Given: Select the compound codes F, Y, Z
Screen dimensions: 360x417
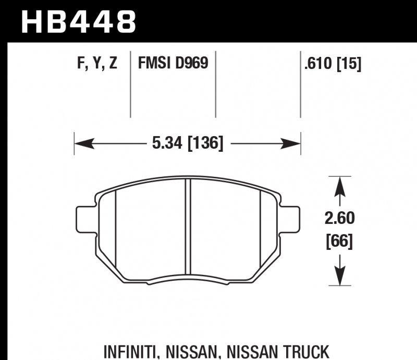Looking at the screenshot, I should pyautogui.click(x=97, y=64).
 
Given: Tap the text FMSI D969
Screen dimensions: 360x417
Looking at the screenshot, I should pyautogui.click(x=173, y=64).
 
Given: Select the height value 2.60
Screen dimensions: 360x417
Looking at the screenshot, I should pyautogui.click(x=339, y=218).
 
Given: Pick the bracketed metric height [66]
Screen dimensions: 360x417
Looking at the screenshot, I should pyautogui.click(x=339, y=242).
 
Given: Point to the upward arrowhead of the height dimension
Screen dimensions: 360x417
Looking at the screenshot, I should pyautogui.click(x=339, y=183).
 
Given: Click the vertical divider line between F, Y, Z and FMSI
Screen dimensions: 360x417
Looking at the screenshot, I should pyautogui.click(x=130, y=83).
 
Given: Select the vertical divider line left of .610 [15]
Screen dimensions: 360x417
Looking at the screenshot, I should pyautogui.click(x=301, y=83).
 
